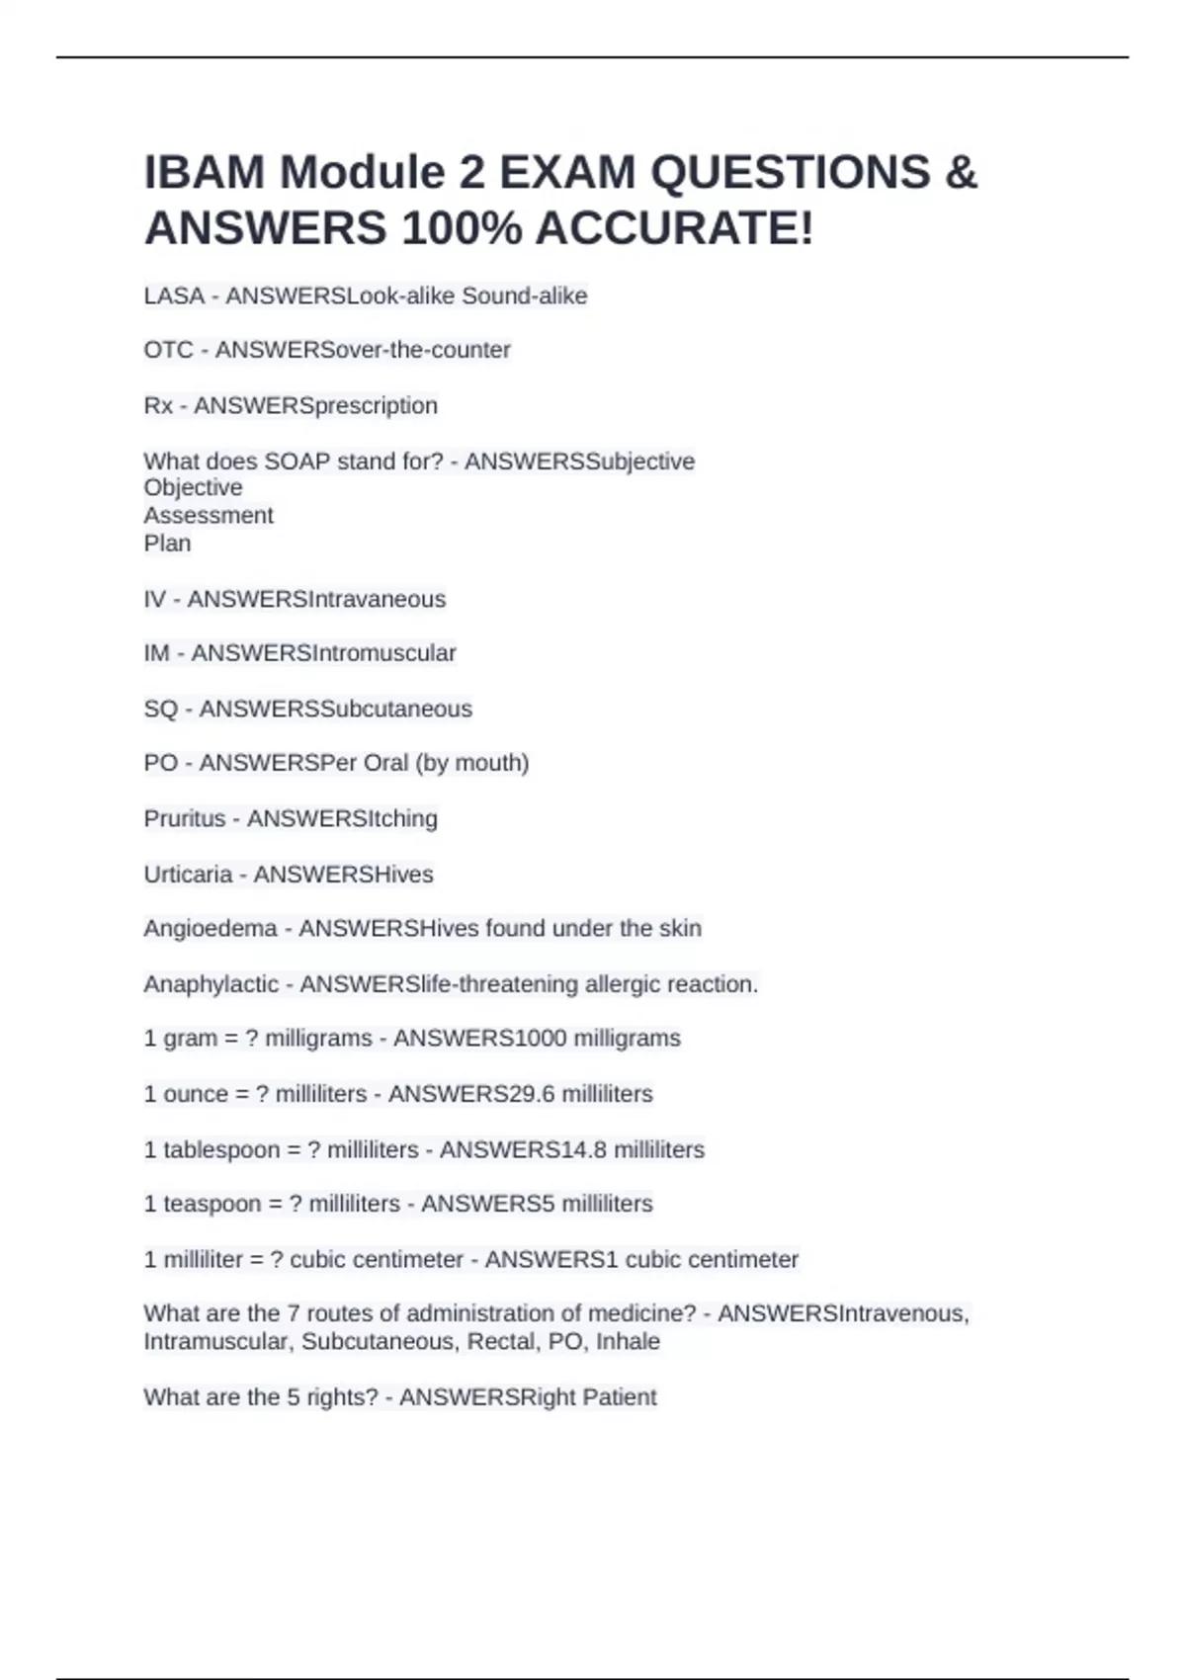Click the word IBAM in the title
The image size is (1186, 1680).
203,172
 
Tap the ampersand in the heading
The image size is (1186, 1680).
961,172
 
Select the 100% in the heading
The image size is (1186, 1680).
462,228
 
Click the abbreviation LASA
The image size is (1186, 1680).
174,295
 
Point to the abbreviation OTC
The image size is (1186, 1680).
168,350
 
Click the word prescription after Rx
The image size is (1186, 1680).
375,405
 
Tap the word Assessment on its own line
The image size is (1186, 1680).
209,515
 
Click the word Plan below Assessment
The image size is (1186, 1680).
167,543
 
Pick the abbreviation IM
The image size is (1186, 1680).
156,653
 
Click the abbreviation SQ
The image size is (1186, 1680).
161,709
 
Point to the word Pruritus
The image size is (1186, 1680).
185,818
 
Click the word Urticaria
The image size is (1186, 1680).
188,874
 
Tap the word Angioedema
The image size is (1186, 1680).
211,928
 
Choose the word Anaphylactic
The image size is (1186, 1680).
212,984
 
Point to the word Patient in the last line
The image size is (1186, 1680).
620,1396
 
